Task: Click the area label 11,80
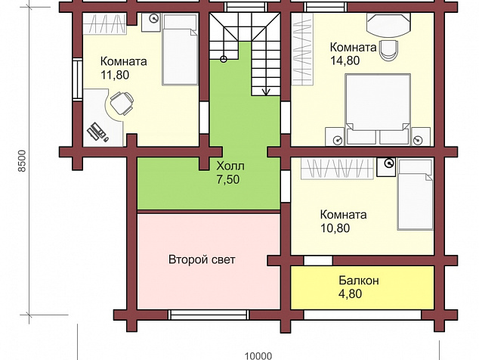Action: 115,75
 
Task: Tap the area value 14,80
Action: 345,61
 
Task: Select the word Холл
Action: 230,166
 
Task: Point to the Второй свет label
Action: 202,259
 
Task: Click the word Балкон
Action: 359,280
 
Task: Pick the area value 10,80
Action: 335,228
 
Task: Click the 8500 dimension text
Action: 23,160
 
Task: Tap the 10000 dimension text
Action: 258,355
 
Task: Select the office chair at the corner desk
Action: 122,103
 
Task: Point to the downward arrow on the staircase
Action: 266,92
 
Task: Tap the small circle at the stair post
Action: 224,59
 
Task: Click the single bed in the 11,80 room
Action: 180,49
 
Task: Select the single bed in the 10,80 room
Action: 416,194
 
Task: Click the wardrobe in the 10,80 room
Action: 337,168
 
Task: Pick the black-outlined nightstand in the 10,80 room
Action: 386,167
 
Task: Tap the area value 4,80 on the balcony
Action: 350,293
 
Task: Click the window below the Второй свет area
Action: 209,315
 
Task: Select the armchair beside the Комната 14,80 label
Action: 389,50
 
